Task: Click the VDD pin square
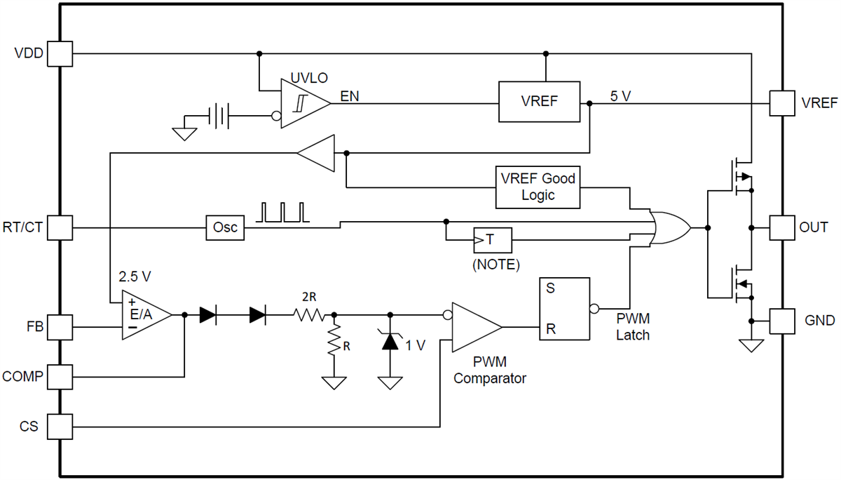pos(60,53)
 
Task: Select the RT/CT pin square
pos(60,228)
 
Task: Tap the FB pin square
pos(60,327)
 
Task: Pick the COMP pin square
pos(60,377)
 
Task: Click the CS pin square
pos(60,426)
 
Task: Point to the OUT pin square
pos(782,228)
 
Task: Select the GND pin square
pos(782,321)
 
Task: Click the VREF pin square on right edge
pos(782,103)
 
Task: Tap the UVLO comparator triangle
pos(301,103)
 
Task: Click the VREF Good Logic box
pos(538,187)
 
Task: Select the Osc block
pos(225,228)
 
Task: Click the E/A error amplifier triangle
pos(144,315)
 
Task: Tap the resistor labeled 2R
pos(309,316)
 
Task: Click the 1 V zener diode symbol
pos(390,342)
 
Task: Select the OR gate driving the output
pos(669,227)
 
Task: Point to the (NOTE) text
pos(495,265)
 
